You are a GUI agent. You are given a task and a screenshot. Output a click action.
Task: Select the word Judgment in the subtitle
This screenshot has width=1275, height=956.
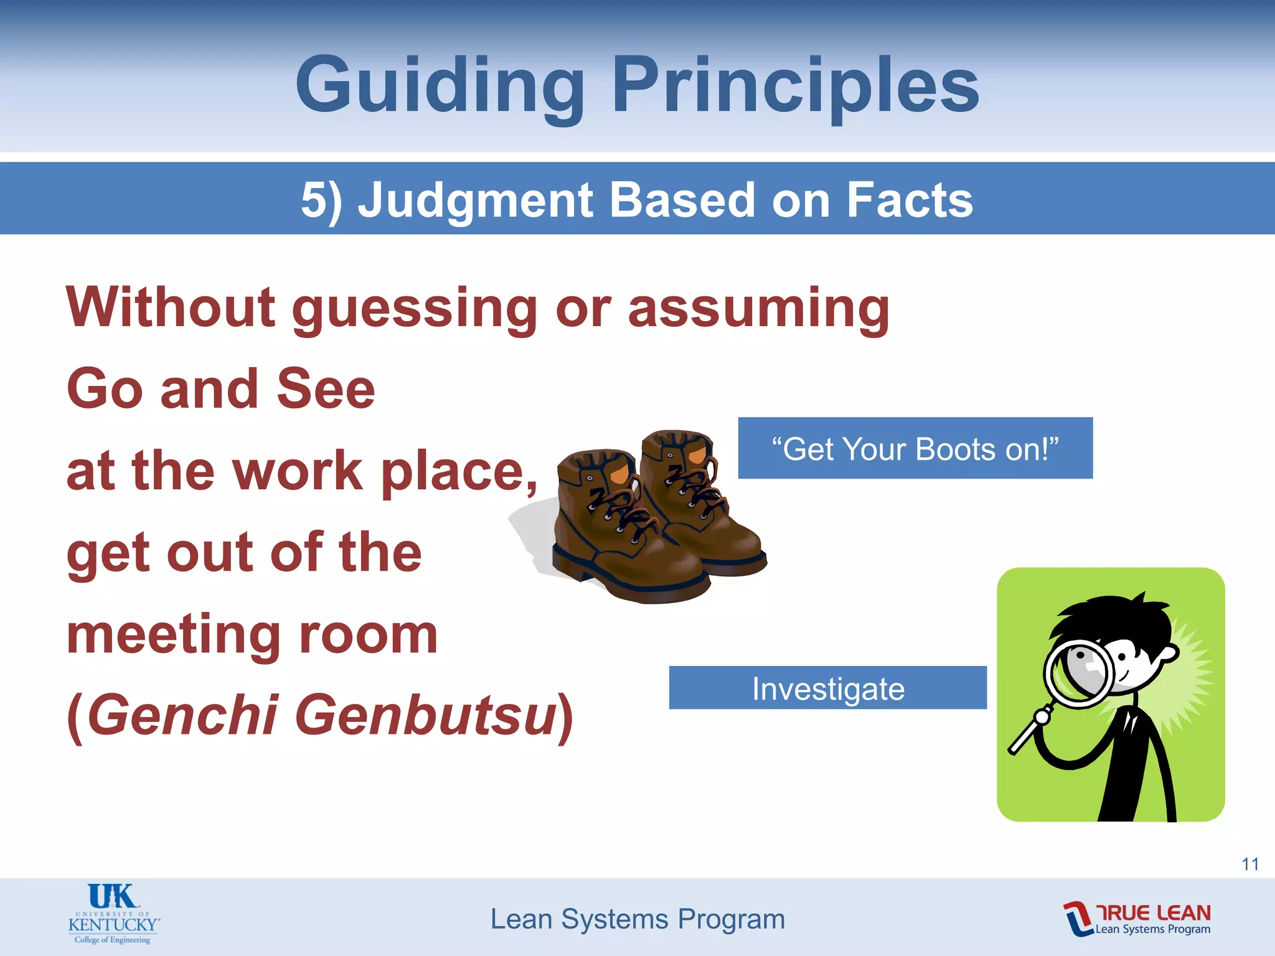coord(476,200)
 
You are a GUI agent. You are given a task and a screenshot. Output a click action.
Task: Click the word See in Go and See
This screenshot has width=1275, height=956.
coord(326,389)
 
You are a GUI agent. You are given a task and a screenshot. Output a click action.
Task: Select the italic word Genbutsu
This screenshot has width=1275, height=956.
coord(430,716)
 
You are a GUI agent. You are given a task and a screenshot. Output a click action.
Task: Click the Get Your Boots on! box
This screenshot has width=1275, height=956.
coord(915,448)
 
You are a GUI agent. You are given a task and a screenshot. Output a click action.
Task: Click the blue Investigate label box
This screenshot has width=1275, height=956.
coord(827,688)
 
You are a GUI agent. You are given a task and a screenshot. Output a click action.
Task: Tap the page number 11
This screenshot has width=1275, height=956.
coord(1250,864)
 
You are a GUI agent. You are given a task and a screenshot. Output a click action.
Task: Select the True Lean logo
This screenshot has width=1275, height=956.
coord(1137,919)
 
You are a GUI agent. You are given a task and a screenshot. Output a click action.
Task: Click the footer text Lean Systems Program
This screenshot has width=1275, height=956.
coord(637,919)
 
